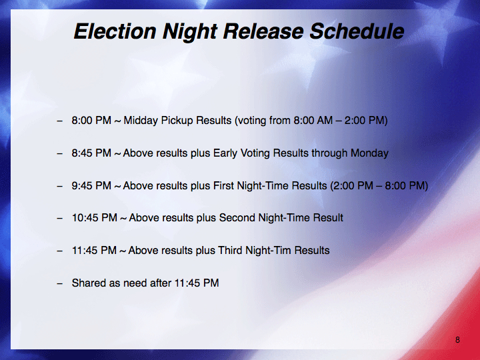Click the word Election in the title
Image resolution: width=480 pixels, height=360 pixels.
coord(115,31)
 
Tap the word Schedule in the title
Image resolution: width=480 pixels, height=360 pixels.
coord(357,31)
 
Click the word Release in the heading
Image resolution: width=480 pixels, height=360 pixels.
coord(263,31)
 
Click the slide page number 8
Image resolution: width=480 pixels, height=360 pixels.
coord(457,339)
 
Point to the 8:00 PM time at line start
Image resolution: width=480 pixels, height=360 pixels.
coord(91,120)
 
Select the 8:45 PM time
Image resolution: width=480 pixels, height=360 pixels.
coord(91,153)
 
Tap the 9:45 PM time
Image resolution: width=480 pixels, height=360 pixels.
coord(91,185)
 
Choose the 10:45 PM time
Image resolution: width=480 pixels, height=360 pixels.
coord(94,217)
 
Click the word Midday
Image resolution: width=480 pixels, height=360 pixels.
coord(141,121)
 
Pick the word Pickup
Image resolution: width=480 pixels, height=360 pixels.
coord(177,121)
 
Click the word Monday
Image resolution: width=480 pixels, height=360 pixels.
coord(369,153)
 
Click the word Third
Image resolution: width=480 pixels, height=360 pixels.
coord(229,251)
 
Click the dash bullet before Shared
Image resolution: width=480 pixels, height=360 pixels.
coord(59,283)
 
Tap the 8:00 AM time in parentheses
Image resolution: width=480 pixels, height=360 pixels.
coord(313,120)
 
